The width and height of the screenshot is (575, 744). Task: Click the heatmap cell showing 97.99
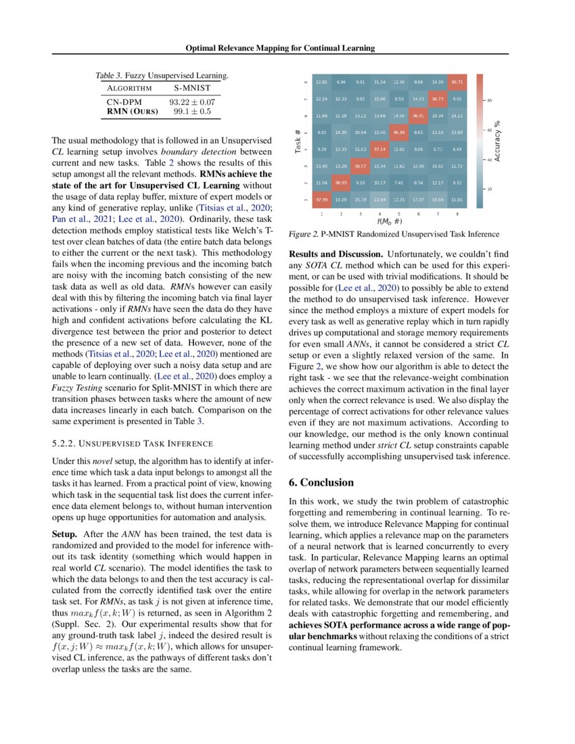tap(321, 201)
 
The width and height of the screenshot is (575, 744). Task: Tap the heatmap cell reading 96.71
tap(457, 82)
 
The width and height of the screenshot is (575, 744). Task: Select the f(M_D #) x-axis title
tap(389, 220)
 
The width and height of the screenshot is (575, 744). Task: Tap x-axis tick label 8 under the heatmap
tap(457, 213)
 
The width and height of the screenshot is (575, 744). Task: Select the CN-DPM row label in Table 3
tap(122, 101)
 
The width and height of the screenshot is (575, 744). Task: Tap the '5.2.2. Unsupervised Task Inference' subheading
tap(133, 443)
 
